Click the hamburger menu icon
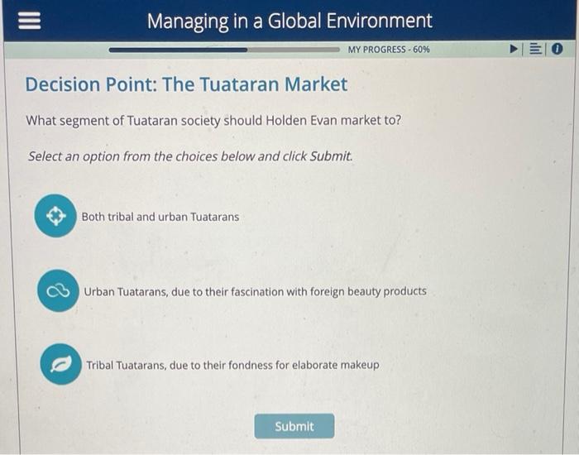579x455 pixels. pos(24,21)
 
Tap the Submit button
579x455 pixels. pos(294,426)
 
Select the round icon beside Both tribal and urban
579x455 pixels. pos(55,217)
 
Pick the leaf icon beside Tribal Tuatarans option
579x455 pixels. pos(60,365)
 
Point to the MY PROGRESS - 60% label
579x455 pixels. pos(389,50)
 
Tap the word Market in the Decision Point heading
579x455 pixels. pos(316,84)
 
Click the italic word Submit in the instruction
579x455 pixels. pos(330,156)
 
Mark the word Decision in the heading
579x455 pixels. pos(61,84)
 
